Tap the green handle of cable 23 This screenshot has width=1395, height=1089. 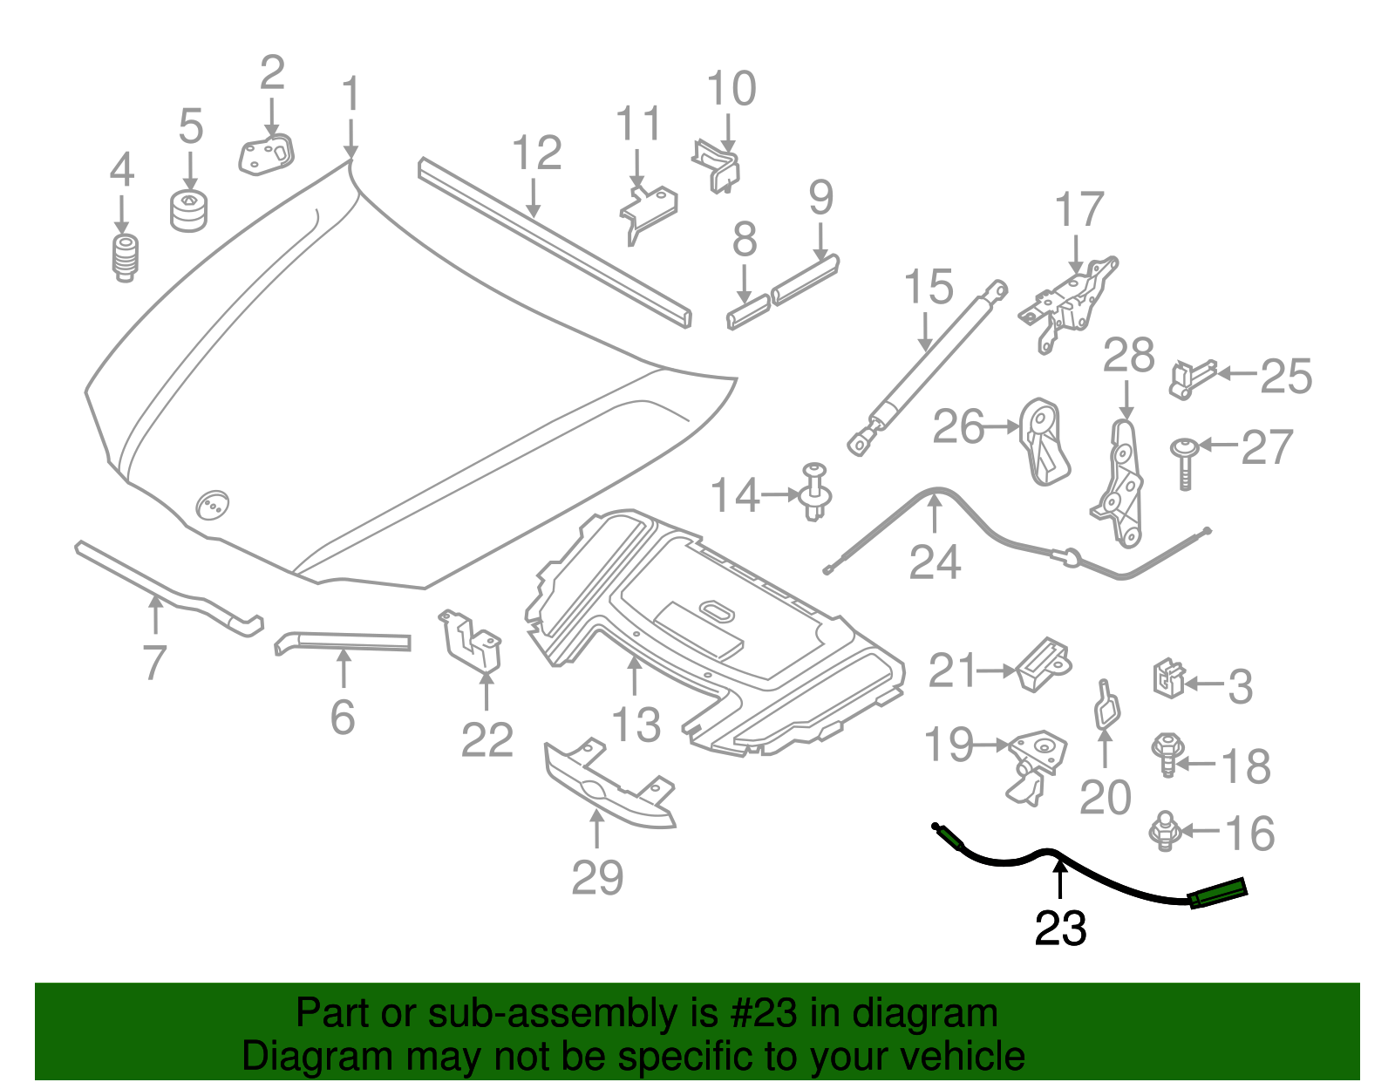pos(1218,894)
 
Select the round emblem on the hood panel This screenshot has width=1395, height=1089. pos(212,505)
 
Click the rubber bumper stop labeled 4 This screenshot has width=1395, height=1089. pos(126,258)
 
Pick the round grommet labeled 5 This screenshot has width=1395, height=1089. pos(188,212)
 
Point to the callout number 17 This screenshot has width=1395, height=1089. pos(1079,210)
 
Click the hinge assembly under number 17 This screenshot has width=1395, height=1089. pos(1068,301)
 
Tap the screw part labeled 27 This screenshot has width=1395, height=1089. pos(1184,462)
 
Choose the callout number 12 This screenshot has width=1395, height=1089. pos(536,153)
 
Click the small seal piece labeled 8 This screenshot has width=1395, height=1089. pos(748,311)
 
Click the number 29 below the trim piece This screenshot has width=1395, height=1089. pos(597,877)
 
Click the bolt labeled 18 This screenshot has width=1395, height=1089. pos(1167,754)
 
